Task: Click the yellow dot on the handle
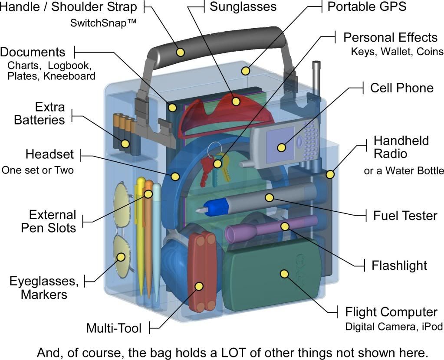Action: point(180,52)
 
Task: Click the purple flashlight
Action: point(269,227)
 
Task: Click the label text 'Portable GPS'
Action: point(367,7)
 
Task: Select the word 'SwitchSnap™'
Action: point(103,23)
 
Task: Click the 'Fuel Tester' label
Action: point(405,215)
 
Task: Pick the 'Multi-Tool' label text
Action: point(114,328)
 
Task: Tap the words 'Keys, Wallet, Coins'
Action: point(397,52)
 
